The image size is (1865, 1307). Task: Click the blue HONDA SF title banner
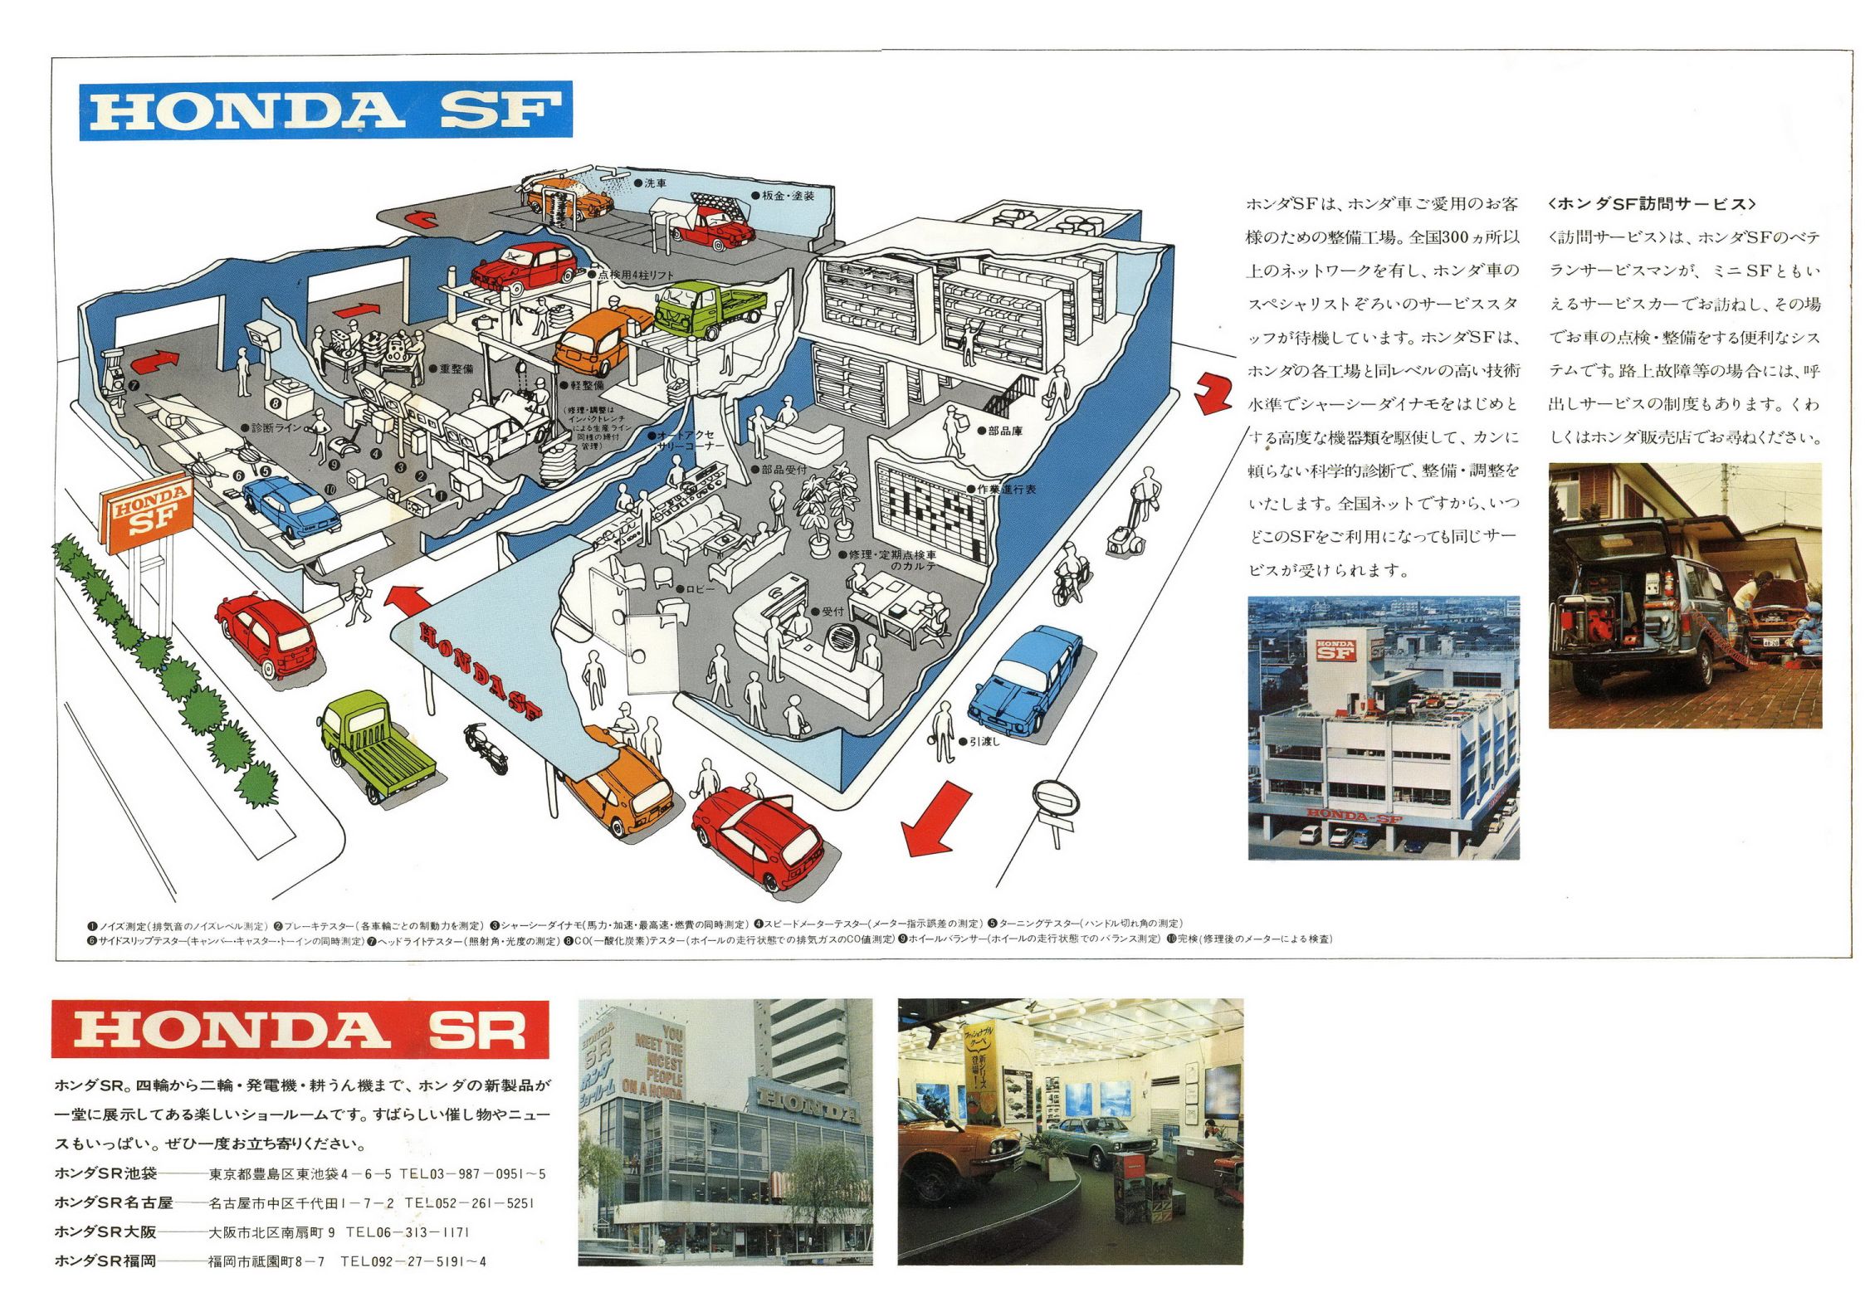tap(325, 110)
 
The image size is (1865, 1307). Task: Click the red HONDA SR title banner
tap(300, 1029)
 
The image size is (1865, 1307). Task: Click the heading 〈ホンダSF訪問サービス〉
tap(1652, 204)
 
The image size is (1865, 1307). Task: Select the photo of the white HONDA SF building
tap(1383, 728)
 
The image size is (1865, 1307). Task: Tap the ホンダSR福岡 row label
tap(105, 1261)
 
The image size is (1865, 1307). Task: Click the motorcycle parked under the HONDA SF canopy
tap(486, 746)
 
